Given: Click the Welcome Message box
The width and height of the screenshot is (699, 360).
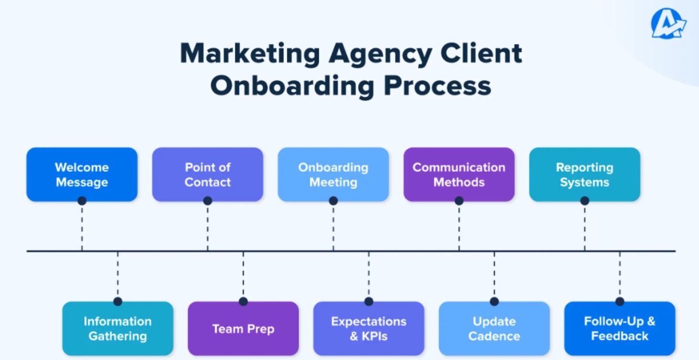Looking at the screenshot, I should pos(82,174).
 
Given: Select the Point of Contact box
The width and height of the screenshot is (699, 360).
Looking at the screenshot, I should pos(207,174).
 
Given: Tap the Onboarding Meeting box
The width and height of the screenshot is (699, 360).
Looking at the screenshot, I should pos(333,174).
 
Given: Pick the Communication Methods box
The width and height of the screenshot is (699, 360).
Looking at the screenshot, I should pos(459,174).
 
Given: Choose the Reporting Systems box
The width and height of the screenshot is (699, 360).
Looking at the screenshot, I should pos(585,174).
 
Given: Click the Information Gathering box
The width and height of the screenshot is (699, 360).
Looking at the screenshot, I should pos(118,328).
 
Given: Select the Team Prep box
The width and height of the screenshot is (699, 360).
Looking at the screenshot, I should pos(243,328).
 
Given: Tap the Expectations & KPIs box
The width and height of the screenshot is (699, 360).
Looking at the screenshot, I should pos(369,328).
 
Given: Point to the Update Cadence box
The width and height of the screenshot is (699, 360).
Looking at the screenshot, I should pos(494,328).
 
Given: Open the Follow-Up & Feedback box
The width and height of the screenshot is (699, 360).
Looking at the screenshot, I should pos(620,328).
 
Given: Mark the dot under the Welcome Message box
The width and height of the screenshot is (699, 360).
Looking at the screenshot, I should pos(82,201).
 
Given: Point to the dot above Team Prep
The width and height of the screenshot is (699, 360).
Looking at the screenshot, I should pos(243,302).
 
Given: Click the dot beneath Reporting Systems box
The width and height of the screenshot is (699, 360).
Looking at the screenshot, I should pos(585,201).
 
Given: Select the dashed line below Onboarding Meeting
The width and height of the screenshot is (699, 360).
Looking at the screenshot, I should pos(333,227).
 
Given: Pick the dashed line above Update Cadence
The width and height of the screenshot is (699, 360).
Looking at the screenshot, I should pos(494,275).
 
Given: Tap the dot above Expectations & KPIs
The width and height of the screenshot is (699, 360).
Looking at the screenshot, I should pos(369,302).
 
